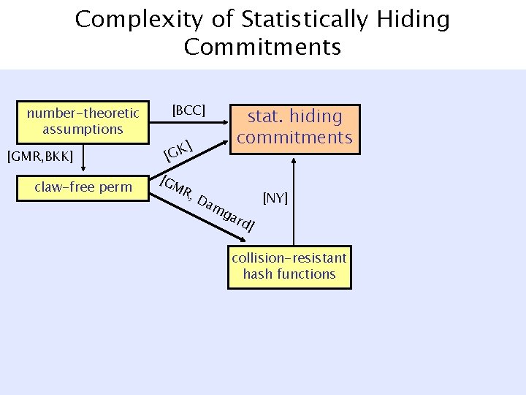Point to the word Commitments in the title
pos(262,48)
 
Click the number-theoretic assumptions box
pos(83,121)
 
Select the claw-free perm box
pos(83,187)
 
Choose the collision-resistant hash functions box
pos(289,266)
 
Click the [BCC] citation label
pos(188,110)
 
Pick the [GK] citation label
pos(178,151)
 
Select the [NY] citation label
pos(276,198)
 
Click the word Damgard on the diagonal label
pos(226,212)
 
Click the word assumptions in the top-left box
pos(83,129)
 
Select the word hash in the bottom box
pos(257,274)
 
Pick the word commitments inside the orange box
pos(294,138)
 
